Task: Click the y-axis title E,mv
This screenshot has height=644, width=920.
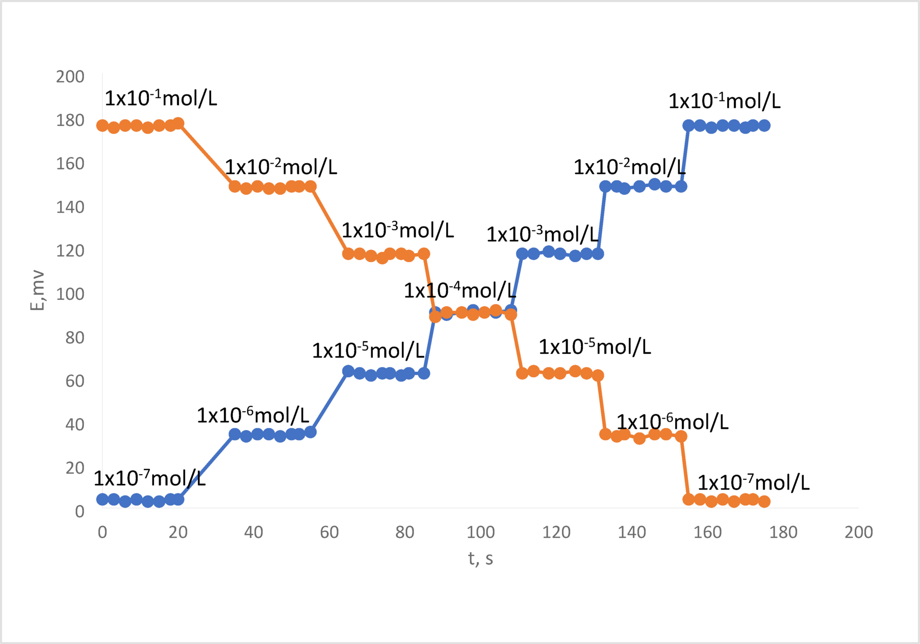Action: (x=37, y=291)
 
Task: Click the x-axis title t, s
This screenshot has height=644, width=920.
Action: (x=480, y=559)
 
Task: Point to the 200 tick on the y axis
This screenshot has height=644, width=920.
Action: (x=70, y=77)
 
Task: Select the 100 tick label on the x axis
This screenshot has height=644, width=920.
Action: (x=480, y=532)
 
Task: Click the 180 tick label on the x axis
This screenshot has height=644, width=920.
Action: (x=783, y=532)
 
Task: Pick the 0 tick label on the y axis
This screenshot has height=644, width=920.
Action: (x=80, y=511)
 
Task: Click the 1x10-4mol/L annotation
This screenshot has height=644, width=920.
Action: (x=459, y=291)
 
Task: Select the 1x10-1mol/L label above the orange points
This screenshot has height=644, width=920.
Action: (x=161, y=98)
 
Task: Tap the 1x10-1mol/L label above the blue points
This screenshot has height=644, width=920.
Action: (x=724, y=101)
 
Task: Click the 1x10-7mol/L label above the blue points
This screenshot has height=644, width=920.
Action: (x=149, y=479)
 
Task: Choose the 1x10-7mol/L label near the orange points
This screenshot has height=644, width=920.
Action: (x=753, y=482)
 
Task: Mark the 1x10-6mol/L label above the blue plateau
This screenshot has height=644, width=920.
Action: (x=253, y=416)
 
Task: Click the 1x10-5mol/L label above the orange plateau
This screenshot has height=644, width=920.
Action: (x=595, y=347)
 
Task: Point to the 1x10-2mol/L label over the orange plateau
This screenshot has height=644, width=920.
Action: (x=281, y=167)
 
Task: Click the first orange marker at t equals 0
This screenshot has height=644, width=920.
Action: (x=103, y=125)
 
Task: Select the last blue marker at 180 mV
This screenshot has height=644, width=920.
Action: (x=764, y=125)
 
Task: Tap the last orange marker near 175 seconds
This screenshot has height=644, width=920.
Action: (x=764, y=502)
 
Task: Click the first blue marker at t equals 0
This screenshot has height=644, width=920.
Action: (x=103, y=499)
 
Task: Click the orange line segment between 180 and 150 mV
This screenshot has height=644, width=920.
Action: (x=207, y=155)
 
